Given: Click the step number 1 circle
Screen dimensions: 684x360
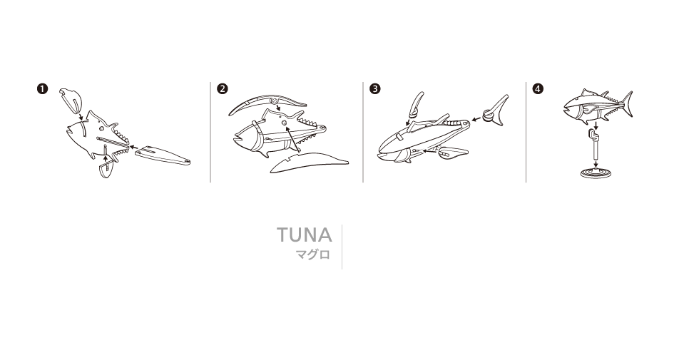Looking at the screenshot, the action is click(x=42, y=89).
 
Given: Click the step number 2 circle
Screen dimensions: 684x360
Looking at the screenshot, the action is click(x=222, y=89).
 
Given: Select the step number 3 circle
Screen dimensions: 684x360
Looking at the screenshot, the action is click(x=374, y=89).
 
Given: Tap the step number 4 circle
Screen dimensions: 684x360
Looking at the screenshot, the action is click(x=538, y=89).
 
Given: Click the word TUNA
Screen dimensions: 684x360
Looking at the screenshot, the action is click(x=305, y=235).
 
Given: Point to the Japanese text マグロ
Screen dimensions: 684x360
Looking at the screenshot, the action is click(x=313, y=254).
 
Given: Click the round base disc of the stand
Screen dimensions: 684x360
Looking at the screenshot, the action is click(x=596, y=173).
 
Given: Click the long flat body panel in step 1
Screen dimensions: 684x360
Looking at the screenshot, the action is click(x=163, y=155).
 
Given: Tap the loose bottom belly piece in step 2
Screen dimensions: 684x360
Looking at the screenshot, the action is click(x=308, y=161).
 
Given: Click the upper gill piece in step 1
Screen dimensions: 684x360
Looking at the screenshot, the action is click(x=71, y=99).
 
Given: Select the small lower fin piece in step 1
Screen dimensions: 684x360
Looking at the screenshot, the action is click(x=106, y=170).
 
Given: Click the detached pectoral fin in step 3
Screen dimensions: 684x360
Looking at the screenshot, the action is click(x=453, y=152).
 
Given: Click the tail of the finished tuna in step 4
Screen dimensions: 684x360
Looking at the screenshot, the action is click(x=627, y=104).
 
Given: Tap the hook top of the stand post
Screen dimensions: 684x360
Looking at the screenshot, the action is click(x=593, y=134).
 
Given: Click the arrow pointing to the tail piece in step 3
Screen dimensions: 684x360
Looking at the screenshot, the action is click(x=476, y=118).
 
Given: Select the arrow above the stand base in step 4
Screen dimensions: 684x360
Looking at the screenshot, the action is click(x=596, y=163).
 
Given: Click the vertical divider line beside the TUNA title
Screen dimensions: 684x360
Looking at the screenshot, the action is click(x=342, y=247).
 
